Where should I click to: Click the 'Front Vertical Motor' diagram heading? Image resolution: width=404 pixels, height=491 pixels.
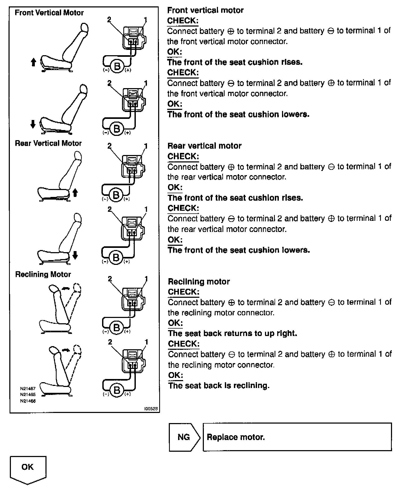click(49, 13)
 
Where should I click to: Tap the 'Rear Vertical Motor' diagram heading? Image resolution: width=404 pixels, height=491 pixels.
click(48, 143)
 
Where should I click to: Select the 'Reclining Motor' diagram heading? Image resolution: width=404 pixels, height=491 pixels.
click(43, 274)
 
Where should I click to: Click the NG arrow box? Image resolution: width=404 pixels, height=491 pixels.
click(184, 437)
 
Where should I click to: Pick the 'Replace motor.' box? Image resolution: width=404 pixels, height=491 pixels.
click(297, 437)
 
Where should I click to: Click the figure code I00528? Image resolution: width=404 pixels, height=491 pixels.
click(151, 409)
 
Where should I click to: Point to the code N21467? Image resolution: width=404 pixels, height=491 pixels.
click(28, 389)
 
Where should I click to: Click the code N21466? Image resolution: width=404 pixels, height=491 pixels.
click(28, 401)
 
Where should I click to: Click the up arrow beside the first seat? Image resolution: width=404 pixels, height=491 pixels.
click(33, 62)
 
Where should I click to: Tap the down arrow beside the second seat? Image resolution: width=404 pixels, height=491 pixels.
click(33, 124)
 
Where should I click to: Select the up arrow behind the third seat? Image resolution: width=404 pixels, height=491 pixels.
click(75, 192)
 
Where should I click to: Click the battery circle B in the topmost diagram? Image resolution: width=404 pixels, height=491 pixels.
click(117, 66)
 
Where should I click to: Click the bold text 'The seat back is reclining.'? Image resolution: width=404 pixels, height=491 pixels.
click(219, 386)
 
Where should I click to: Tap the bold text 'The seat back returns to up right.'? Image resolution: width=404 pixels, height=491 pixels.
click(233, 333)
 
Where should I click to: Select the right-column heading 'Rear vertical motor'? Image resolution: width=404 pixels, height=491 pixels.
click(204, 146)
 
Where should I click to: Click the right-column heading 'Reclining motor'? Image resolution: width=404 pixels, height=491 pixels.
click(199, 282)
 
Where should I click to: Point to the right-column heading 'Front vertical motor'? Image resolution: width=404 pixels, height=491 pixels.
click(205, 10)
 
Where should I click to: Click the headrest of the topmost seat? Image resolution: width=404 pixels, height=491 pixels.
click(84, 28)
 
